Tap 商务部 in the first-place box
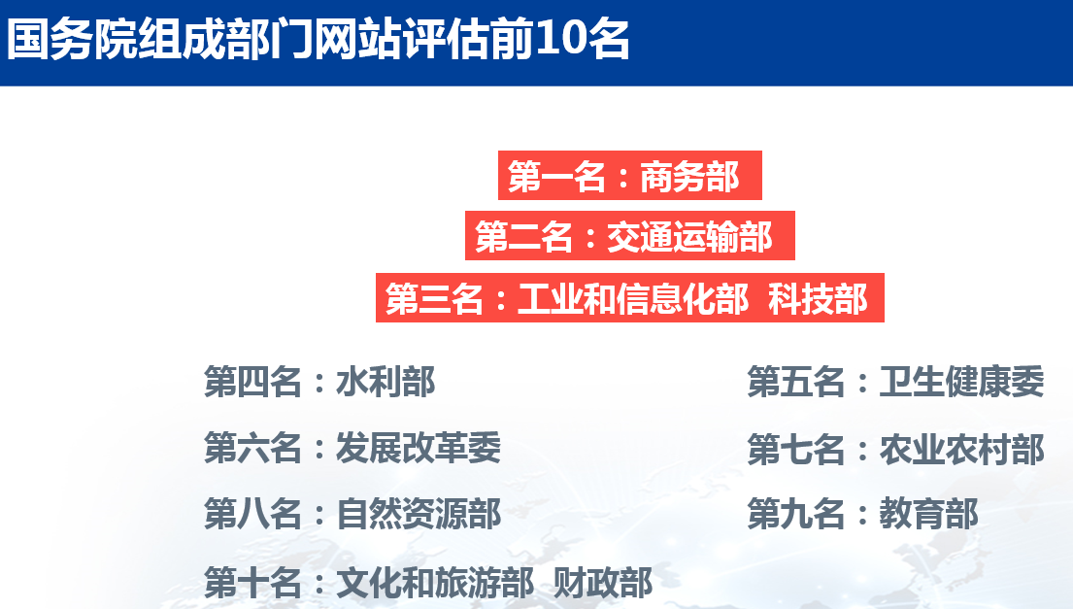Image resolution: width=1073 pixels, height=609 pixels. coord(689,177)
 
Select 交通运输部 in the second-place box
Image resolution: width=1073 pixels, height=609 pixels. coord(689,237)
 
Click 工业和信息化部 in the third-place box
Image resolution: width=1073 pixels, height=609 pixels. coord(634,299)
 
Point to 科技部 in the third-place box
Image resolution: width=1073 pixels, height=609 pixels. coord(819,299)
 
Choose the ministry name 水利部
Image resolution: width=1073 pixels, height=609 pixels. coord(386,381)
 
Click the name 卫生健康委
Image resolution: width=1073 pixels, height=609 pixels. coord(962,381)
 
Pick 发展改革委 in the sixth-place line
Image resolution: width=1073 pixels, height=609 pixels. coord(419,448)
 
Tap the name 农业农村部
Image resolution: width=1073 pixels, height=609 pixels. coord(962,450)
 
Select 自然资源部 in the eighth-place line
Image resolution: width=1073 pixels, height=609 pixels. coord(419,514)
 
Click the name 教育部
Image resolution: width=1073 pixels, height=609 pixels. coord(928,514)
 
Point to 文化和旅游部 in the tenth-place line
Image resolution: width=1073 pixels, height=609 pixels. coord(434,583)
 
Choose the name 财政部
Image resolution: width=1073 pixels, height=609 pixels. coord(603,583)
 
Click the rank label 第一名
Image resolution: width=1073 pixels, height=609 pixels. coord(556,177)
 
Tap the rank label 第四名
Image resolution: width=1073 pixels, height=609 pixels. coord(252,381)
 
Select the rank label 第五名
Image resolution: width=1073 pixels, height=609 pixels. coord(796,381)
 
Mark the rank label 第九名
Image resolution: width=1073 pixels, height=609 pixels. coord(796,514)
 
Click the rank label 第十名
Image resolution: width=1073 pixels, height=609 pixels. coord(252,583)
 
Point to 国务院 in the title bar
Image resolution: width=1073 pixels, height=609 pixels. coord(71,40)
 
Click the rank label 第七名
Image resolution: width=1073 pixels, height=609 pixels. coord(796,450)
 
